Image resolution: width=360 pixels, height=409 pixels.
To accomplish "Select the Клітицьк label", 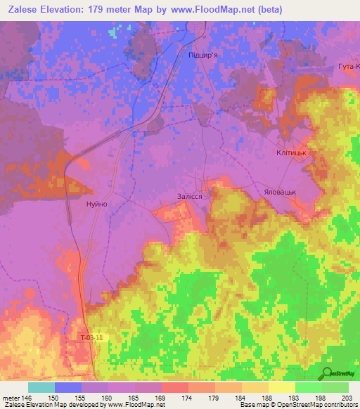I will coord(293,152).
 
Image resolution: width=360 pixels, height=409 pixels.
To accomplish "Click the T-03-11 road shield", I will coord(91,338).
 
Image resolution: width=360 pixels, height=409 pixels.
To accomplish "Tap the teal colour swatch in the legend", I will coord(41,387).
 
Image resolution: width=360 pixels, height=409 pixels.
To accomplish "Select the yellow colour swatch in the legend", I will coord(282,387).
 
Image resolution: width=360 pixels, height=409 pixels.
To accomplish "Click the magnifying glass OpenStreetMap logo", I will coord(328,373).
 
